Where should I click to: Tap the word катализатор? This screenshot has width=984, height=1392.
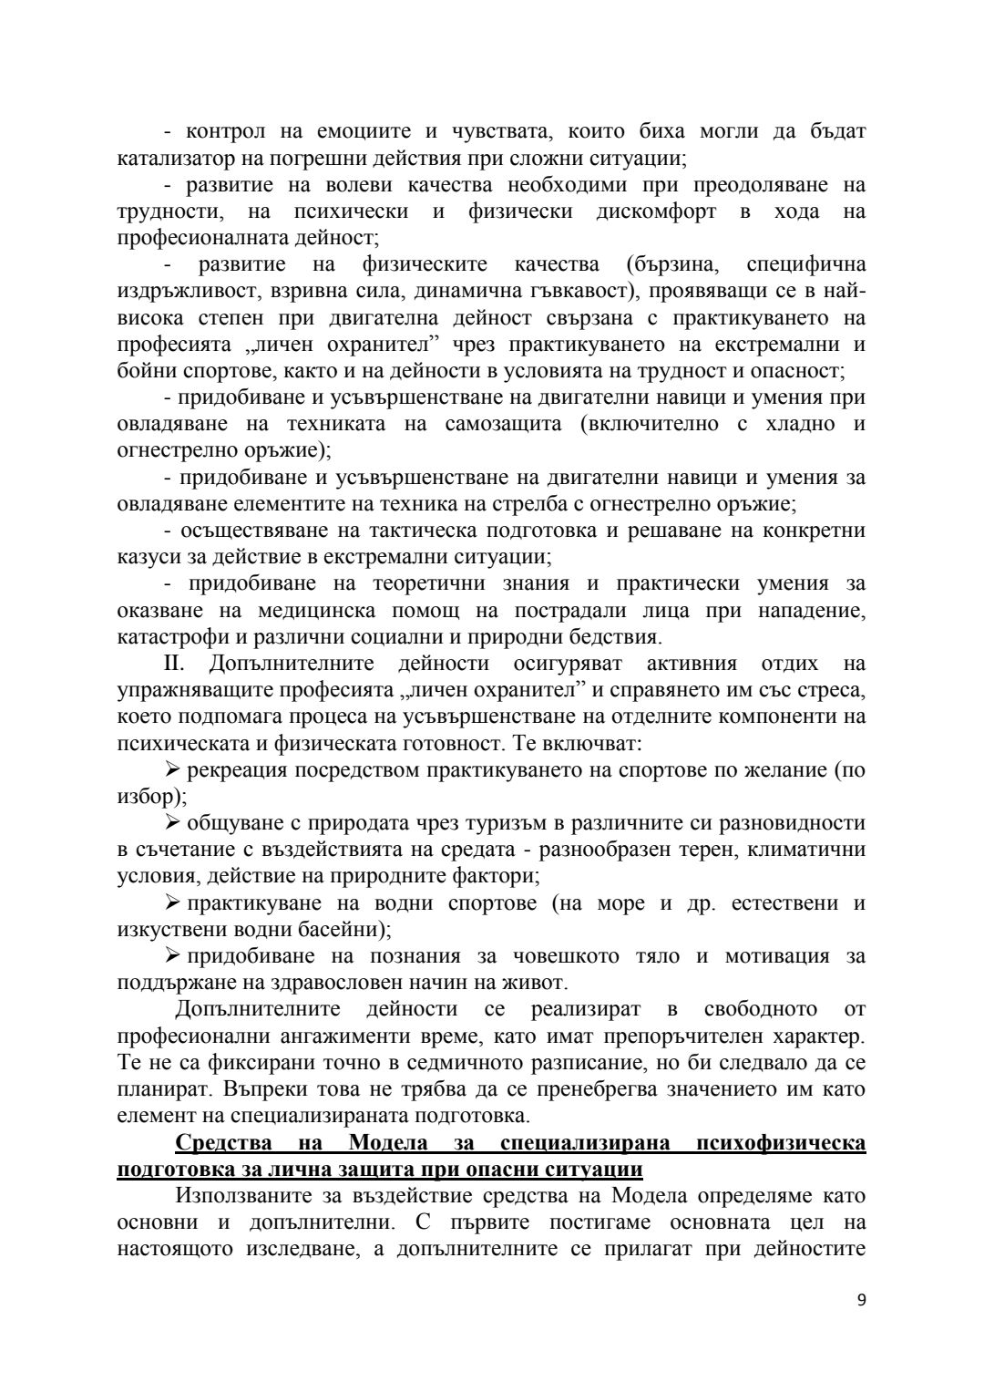point(173,159)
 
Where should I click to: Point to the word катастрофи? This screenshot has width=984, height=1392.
point(168,636)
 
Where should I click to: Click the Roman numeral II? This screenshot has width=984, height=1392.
point(174,663)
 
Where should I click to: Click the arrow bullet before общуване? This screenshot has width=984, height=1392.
point(173,823)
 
